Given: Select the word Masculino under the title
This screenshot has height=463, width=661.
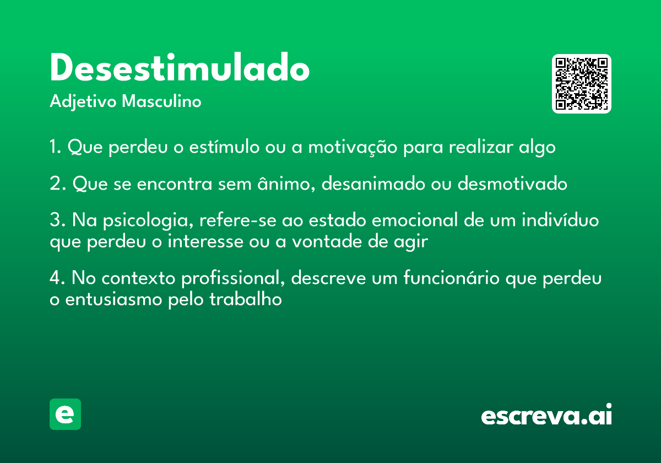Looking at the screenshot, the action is click(x=161, y=101).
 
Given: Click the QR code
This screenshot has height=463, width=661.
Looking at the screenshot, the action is click(x=581, y=84).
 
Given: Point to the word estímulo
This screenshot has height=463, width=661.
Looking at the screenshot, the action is click(x=224, y=147).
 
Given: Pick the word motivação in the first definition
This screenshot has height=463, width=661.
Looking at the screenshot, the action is click(x=353, y=147).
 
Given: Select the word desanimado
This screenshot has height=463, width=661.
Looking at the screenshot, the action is click(x=373, y=184).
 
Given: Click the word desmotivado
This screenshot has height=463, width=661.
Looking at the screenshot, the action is click(x=512, y=184).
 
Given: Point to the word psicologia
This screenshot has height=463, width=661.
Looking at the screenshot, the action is click(x=148, y=221).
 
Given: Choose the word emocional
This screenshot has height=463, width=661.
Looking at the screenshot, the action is click(x=415, y=220).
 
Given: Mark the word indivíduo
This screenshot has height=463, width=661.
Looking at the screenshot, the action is click(x=560, y=220).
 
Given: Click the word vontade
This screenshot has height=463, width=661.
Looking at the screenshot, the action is click(x=327, y=241).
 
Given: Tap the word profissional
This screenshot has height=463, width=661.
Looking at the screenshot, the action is click(x=233, y=278).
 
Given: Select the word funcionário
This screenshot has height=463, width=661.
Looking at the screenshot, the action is click(x=452, y=278).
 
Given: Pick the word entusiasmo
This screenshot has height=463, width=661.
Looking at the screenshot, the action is click(x=113, y=299).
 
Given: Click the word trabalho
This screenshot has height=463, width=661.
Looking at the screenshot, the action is click(x=246, y=299).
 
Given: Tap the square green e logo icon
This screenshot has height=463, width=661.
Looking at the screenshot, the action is click(x=65, y=414).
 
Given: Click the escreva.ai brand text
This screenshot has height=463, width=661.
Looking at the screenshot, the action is click(x=546, y=414).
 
